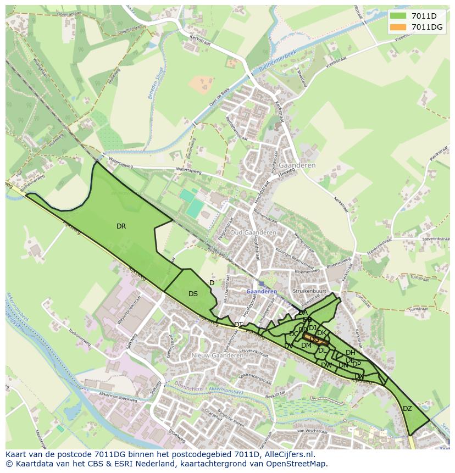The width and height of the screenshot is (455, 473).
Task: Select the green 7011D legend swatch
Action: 398,16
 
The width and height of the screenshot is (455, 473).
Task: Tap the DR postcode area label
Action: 121,226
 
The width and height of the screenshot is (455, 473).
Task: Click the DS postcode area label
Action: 193,294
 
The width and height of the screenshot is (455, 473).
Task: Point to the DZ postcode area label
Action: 407,408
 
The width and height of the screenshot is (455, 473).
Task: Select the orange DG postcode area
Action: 315,339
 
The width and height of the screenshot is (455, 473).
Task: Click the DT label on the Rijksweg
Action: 238,325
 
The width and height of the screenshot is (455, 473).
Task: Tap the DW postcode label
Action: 326,365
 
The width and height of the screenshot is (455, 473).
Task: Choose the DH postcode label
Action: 350,353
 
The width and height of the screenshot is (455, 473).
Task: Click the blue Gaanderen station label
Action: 262,291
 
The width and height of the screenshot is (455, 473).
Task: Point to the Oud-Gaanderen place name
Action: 253,232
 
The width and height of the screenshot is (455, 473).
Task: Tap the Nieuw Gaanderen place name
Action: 217,355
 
